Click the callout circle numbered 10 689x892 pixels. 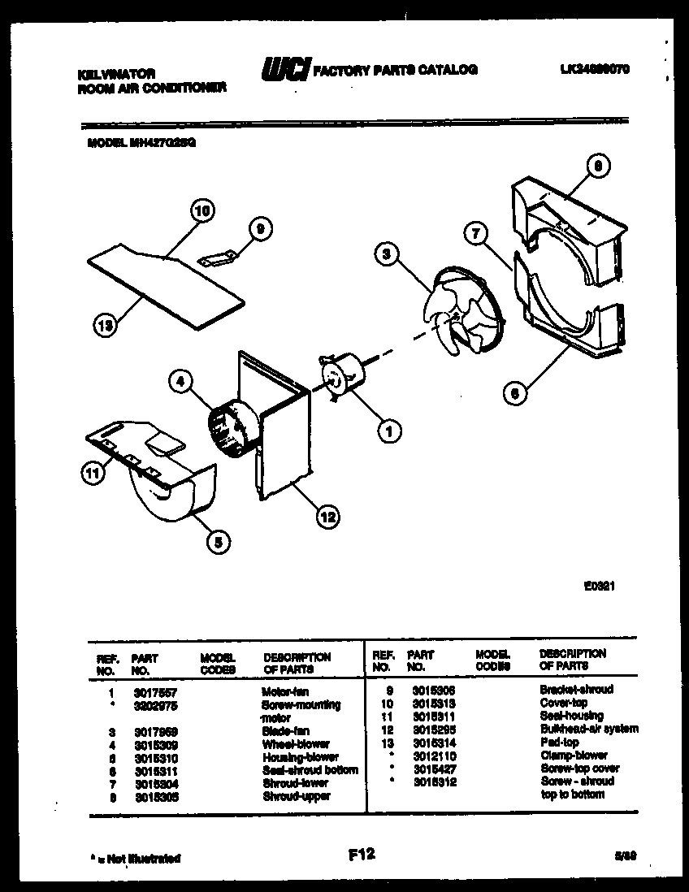click(x=202, y=211)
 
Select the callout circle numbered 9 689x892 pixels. click(x=258, y=230)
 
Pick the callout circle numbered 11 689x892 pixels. click(x=92, y=470)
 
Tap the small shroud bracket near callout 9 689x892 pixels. click(x=218, y=258)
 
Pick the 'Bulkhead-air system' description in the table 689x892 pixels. click(x=588, y=729)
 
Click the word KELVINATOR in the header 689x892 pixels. click(x=117, y=73)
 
